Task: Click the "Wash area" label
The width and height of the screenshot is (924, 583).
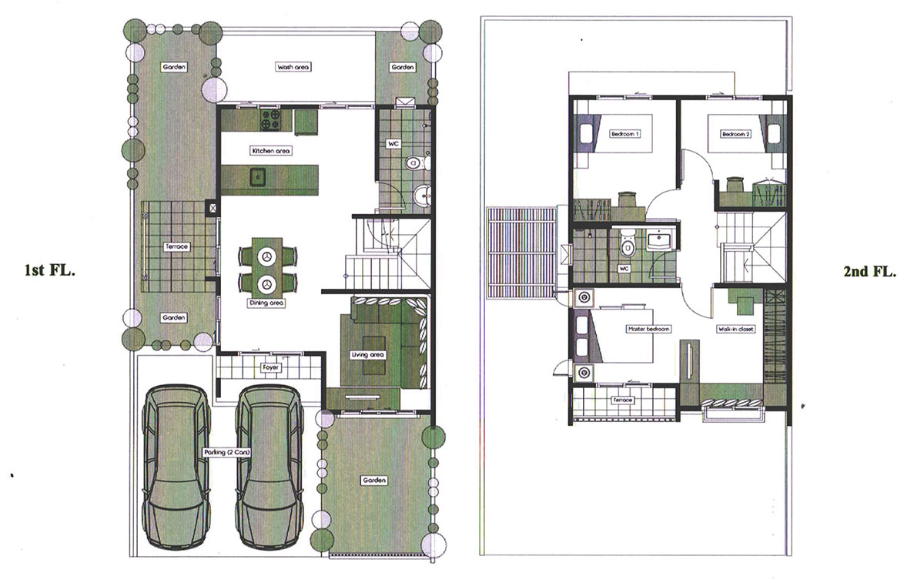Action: coord(293,67)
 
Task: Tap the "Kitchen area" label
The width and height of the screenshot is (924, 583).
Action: coord(270,151)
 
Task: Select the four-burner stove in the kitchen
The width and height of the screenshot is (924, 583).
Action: coord(270,119)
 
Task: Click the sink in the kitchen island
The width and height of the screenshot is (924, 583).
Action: coord(258,177)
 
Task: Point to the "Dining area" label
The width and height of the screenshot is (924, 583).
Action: coord(266,303)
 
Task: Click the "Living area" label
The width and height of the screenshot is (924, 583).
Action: coord(367,355)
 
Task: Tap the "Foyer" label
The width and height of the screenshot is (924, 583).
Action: coord(270,367)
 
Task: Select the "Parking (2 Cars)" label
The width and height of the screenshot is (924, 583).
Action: coord(227,453)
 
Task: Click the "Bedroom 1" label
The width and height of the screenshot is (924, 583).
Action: coord(625,134)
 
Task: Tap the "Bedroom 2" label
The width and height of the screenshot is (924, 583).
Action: coord(736,134)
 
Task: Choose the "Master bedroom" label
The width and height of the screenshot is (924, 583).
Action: coord(649,329)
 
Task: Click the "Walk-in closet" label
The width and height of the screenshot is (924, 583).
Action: coord(736,329)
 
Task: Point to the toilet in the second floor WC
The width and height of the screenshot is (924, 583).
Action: coord(628,245)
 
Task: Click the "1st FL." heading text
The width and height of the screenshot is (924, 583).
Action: coord(50,270)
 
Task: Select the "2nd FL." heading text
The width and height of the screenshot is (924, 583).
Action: coord(869,272)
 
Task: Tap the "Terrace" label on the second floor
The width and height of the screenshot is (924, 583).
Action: coord(623,400)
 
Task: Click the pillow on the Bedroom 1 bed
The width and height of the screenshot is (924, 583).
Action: coord(586,134)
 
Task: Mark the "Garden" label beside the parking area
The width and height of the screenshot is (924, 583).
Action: coord(374,481)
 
